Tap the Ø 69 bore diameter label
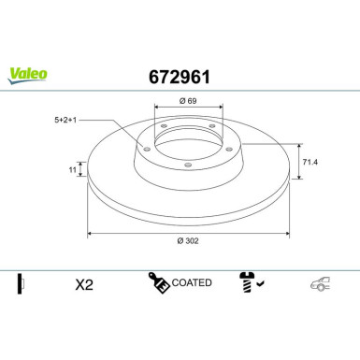click(x=186, y=100)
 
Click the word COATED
click(x=193, y=282)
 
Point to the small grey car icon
click(x=321, y=283)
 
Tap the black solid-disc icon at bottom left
click(x=20, y=282)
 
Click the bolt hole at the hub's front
click(x=188, y=166)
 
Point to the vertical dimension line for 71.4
click(x=299, y=164)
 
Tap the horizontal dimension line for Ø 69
click(x=187, y=108)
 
